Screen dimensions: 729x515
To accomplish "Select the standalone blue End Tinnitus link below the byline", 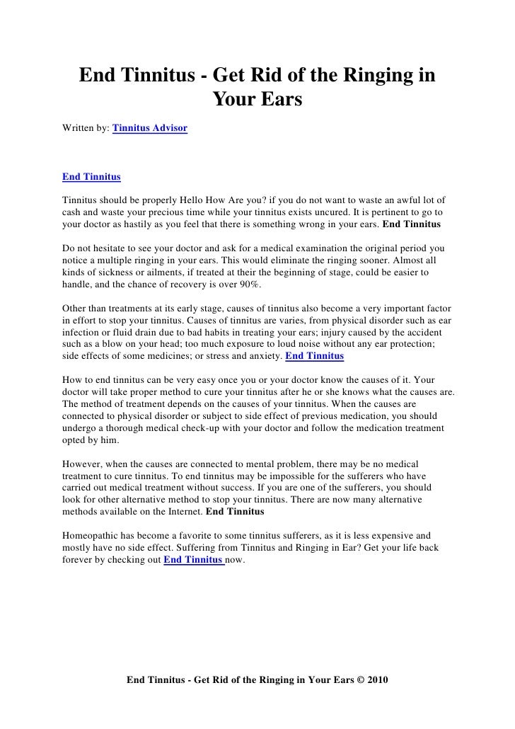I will pyautogui.click(x=91, y=175).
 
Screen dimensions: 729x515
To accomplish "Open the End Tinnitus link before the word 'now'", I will pyautogui.click(x=194, y=560).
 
